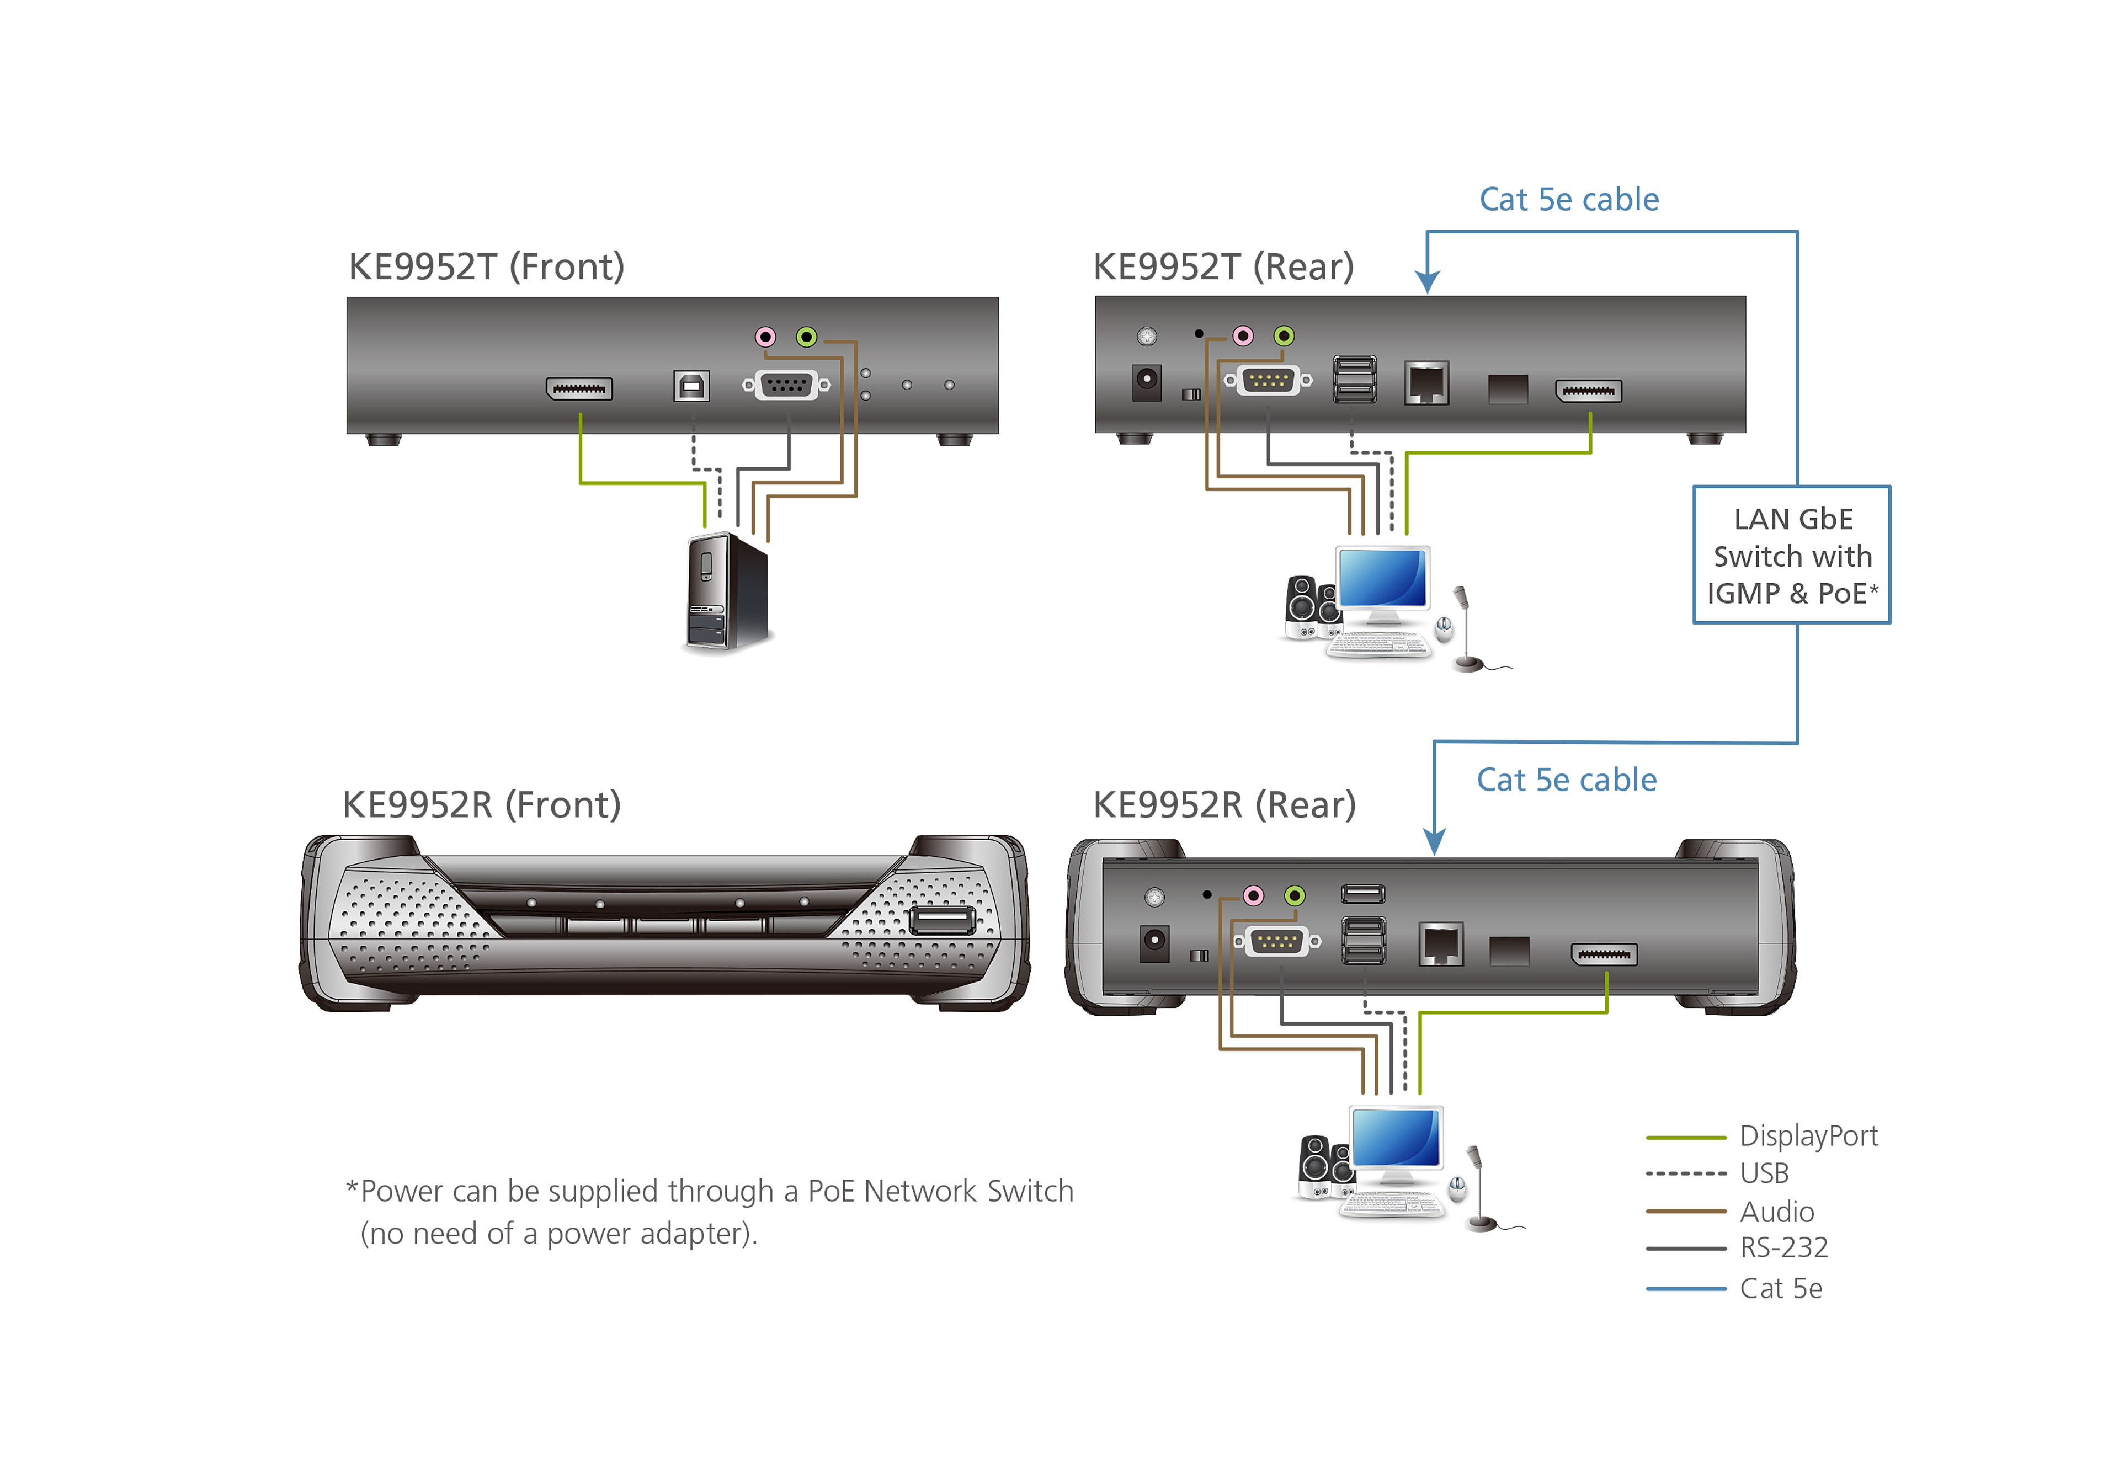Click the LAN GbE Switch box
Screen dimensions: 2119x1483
pyautogui.click(x=1791, y=554)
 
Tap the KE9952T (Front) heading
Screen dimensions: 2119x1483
pyautogui.click(x=486, y=266)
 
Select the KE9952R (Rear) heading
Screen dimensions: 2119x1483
pyautogui.click(x=1224, y=805)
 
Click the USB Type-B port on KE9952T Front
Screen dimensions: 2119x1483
pyautogui.click(x=691, y=386)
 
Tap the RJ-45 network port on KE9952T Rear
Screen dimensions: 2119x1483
pyautogui.click(x=1426, y=383)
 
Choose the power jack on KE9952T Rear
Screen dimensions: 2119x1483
pyautogui.click(x=1146, y=382)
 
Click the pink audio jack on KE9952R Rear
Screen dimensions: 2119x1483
pyautogui.click(x=1253, y=895)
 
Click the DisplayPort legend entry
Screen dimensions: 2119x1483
pyautogui.click(x=1762, y=1136)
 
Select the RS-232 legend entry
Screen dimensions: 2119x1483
pyautogui.click(x=1737, y=1247)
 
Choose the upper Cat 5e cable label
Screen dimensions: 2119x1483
pyautogui.click(x=1569, y=199)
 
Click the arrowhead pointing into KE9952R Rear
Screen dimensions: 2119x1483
pyautogui.click(x=1434, y=841)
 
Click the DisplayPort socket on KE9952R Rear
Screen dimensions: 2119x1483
pyautogui.click(x=1605, y=954)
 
